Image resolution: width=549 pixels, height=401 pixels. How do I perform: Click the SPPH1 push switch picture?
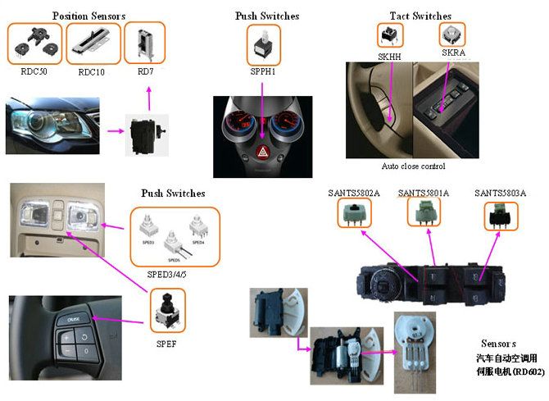263,45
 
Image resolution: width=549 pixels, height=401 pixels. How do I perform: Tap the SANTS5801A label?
423,193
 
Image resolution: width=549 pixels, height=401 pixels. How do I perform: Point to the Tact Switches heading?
420,16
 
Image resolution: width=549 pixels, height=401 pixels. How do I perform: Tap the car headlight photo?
52,125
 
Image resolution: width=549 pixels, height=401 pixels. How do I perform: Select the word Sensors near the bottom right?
498,343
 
